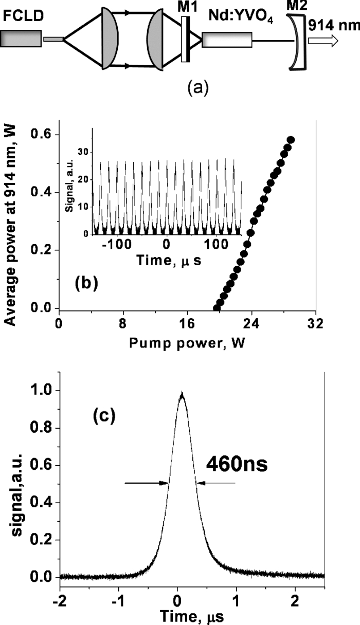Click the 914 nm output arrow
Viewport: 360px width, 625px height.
click(x=324, y=41)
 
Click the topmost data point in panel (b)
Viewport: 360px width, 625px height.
click(x=291, y=140)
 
